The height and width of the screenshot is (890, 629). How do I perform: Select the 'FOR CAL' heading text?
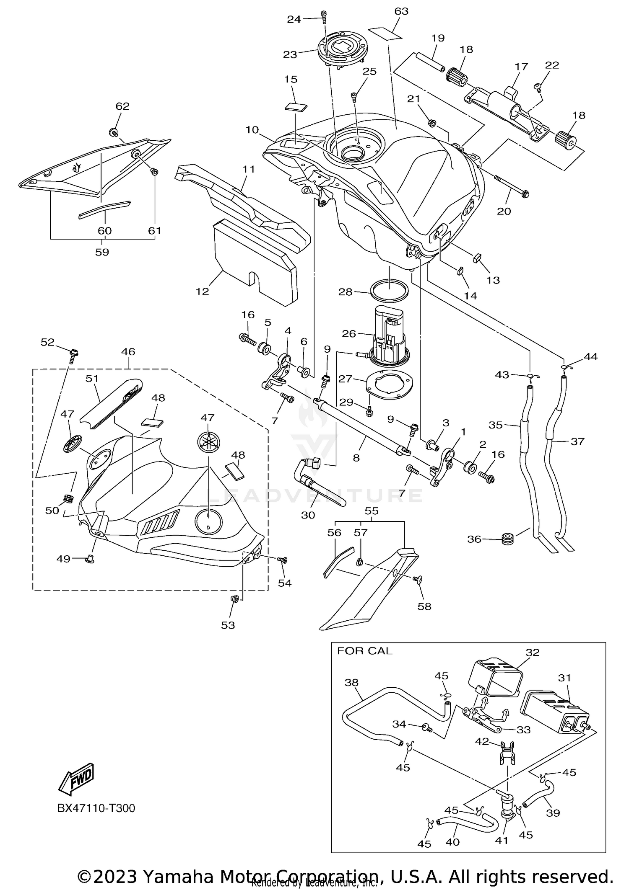[364, 651]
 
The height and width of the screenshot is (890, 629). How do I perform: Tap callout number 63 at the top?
[401, 11]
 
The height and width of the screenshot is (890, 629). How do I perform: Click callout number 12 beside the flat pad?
[202, 291]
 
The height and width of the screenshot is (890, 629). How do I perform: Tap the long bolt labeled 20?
[512, 186]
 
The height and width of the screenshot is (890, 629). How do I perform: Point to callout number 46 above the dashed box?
[128, 352]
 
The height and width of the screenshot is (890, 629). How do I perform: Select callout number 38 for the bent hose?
[351, 682]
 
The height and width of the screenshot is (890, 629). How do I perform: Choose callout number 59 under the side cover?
[102, 252]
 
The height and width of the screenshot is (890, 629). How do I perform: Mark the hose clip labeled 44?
[566, 368]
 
